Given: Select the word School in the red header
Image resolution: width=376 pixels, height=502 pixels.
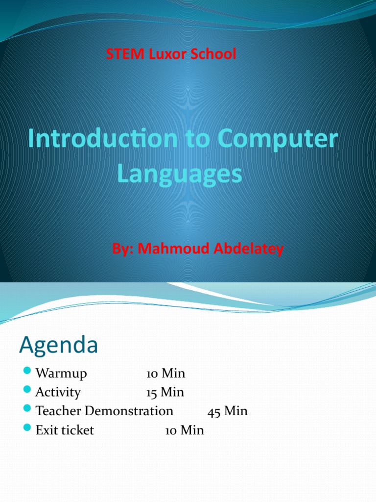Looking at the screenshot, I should (213, 54).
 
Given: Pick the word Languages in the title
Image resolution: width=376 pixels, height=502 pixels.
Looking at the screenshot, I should (179, 174).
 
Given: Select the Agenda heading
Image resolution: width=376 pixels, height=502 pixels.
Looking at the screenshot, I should (59, 346).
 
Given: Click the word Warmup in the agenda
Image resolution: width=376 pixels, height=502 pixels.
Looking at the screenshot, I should (61, 374).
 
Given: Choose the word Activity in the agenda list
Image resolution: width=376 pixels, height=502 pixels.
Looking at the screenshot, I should (58, 392).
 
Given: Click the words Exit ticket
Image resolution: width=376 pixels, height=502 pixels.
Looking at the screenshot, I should (65, 430).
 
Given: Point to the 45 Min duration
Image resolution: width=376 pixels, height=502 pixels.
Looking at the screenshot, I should (228, 411).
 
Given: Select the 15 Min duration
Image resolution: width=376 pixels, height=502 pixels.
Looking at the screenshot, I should (165, 392).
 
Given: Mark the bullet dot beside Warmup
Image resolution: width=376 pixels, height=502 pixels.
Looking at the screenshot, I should (27, 373).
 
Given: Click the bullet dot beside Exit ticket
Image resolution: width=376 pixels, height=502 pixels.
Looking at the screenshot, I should (27, 429).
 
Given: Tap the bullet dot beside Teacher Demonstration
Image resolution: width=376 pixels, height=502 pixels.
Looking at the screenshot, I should (27, 410).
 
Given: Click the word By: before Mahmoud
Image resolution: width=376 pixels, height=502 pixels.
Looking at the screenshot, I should (123, 249).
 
